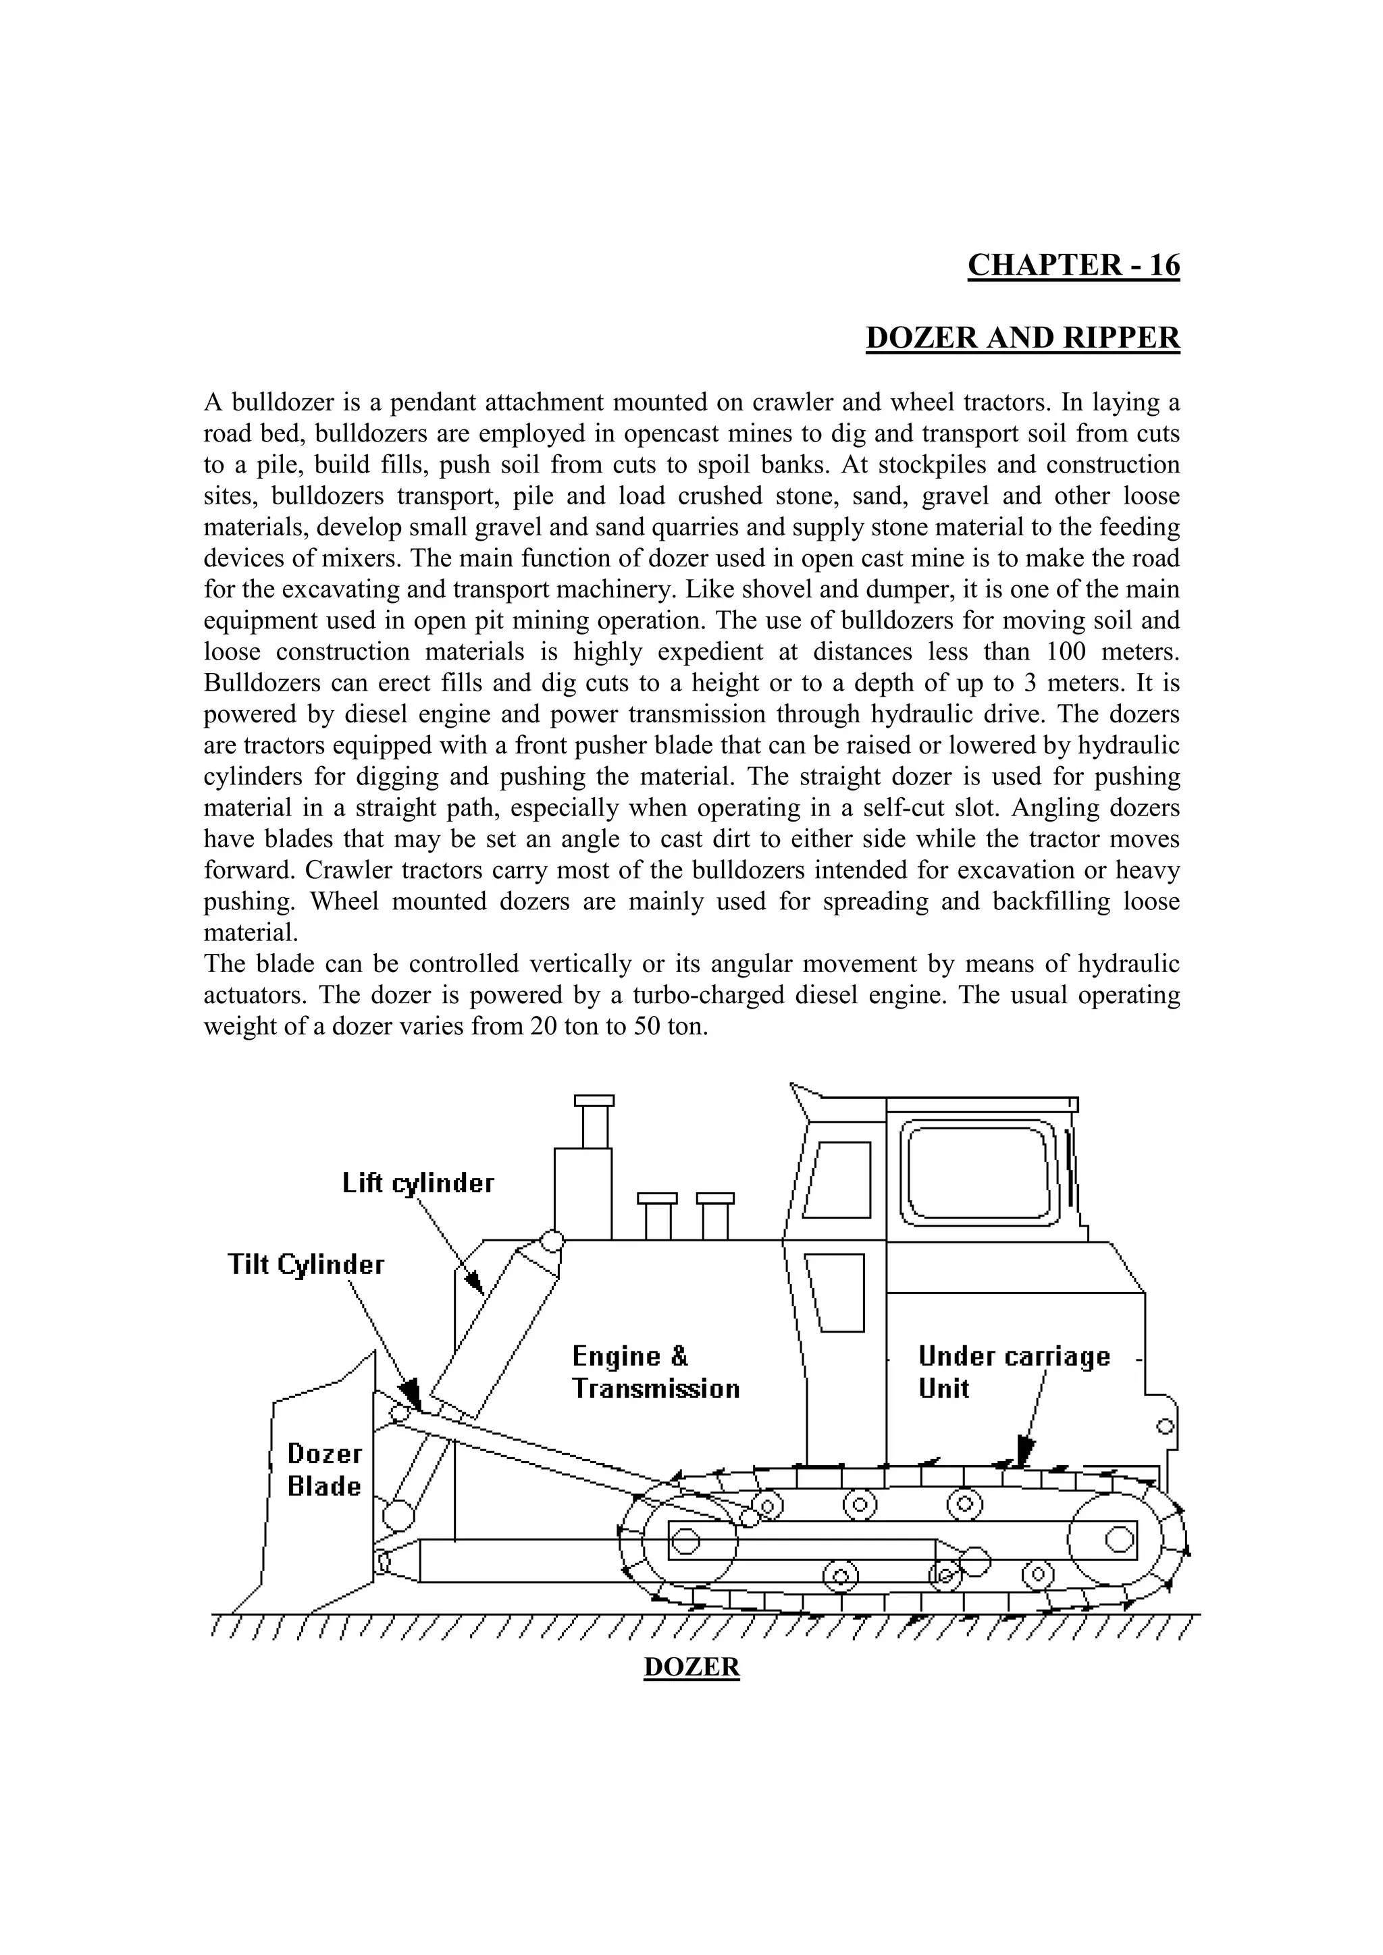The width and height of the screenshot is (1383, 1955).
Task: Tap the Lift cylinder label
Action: click(x=418, y=1183)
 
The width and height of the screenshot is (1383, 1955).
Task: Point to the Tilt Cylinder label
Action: click(x=306, y=1264)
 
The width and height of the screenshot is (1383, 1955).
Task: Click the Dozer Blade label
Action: click(x=324, y=1470)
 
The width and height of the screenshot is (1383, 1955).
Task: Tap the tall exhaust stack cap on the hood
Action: click(x=594, y=1100)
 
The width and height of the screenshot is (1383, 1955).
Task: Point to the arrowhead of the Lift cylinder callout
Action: click(x=473, y=1283)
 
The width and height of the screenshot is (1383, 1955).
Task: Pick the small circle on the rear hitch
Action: click(x=1166, y=1425)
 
